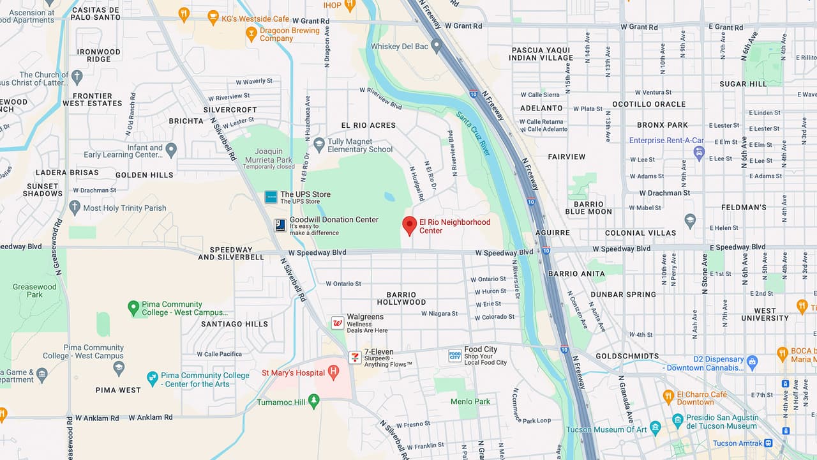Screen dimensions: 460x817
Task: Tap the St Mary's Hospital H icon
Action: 333,372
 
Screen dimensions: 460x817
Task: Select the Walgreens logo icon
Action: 338,323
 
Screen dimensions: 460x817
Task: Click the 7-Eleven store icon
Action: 355,357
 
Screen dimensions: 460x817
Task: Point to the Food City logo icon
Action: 454,356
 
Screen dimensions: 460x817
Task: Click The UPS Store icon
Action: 271,197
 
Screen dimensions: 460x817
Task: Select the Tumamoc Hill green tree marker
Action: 313,401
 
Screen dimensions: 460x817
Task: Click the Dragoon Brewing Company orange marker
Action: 251,34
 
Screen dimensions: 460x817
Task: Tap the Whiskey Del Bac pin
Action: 437,45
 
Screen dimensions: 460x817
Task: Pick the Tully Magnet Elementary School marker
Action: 319,144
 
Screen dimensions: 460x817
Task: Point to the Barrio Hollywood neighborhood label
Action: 401,298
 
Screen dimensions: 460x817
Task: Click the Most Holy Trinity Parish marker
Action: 75,207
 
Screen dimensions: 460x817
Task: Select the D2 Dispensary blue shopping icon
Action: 752,362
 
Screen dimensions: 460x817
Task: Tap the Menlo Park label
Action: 470,401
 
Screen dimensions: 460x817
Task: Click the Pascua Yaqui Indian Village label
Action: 541,54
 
